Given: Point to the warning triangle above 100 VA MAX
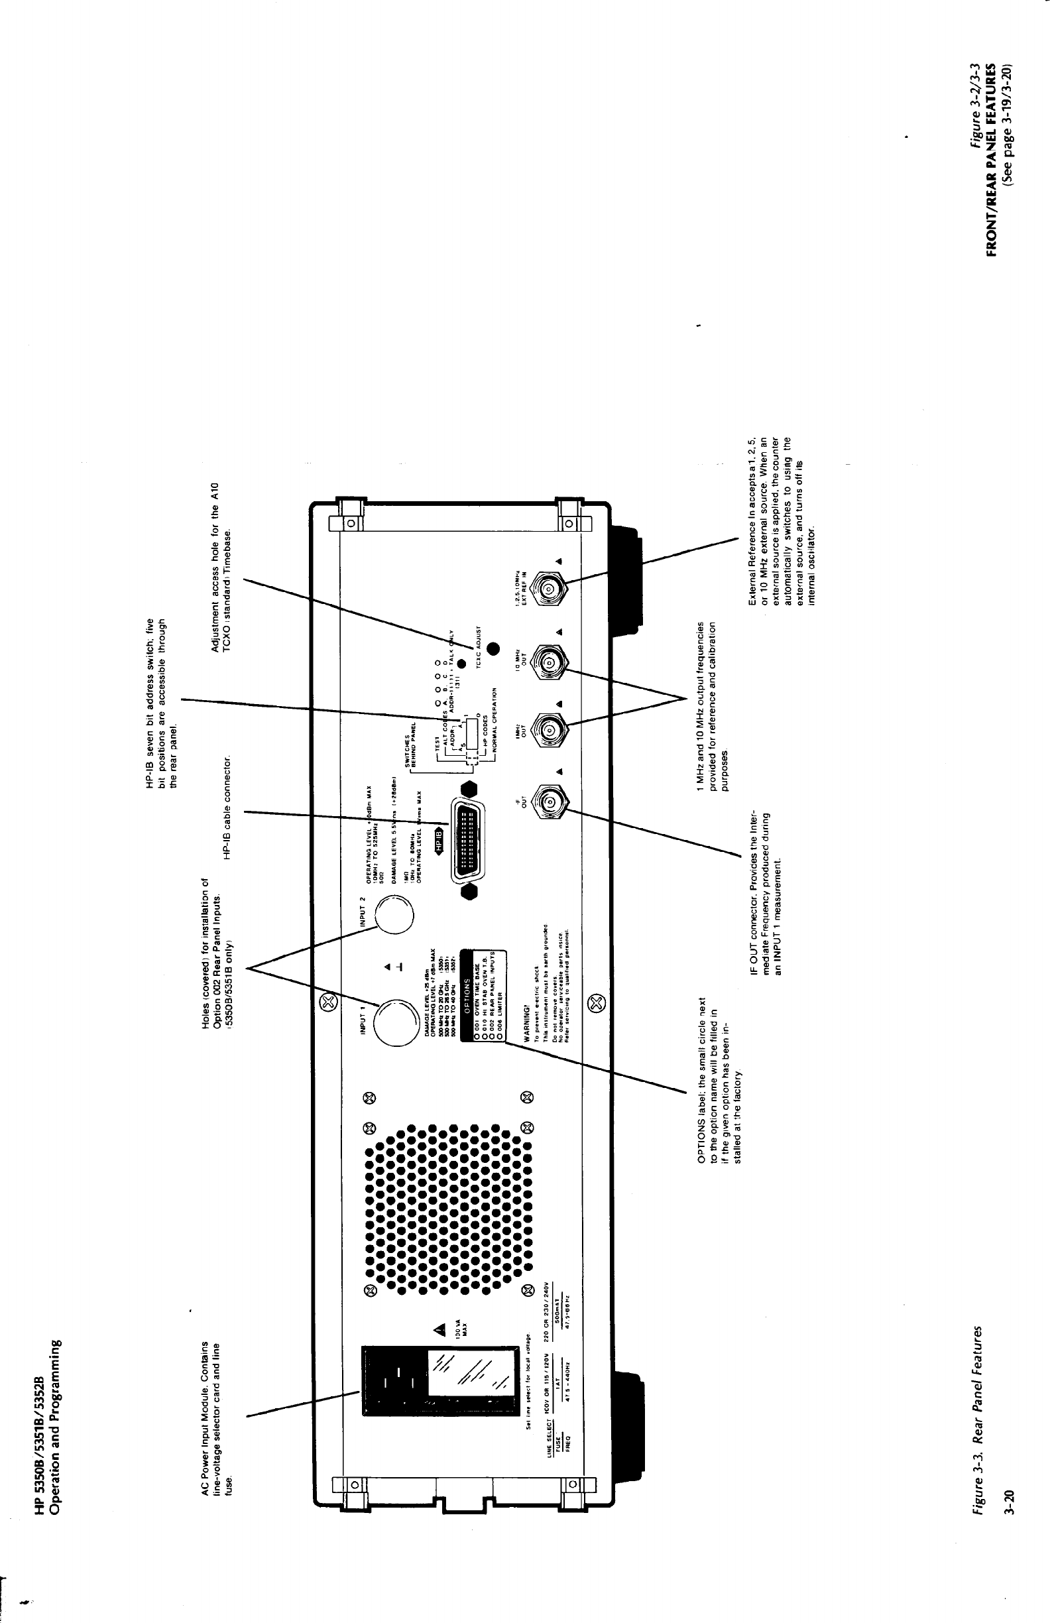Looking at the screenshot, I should (439, 1329).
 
